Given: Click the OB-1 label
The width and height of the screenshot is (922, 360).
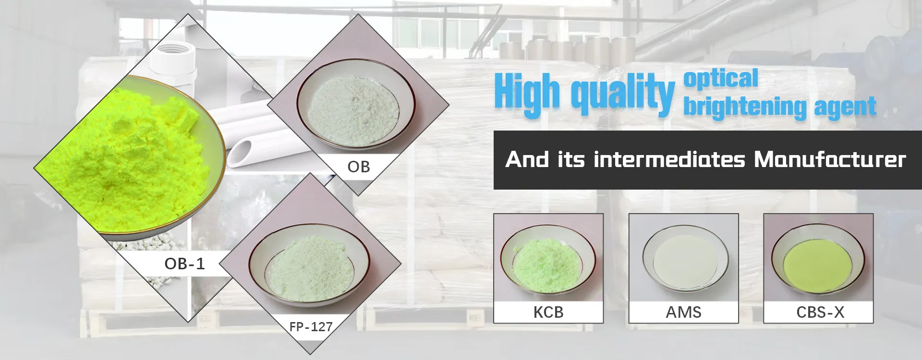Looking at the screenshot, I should point(184,264).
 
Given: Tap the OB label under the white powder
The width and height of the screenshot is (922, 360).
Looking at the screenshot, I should point(359,167).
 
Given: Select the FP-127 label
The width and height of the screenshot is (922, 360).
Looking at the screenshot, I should point(311,327).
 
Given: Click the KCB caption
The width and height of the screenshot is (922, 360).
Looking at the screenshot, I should point(548,312).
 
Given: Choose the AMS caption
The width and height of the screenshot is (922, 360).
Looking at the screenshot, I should point(683,312).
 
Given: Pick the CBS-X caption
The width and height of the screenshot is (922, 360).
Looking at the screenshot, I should point(820,312).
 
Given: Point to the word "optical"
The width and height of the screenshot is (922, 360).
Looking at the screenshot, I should point(721,78).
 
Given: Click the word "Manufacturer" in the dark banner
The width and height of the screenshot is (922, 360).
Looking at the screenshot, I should point(830,159).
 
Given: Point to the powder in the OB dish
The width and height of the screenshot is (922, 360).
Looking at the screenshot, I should point(353,110).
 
